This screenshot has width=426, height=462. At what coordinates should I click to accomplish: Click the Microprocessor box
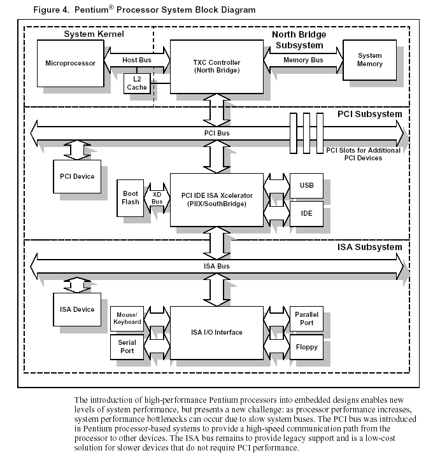pos(71,64)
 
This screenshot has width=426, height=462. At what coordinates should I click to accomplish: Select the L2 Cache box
pos(137,83)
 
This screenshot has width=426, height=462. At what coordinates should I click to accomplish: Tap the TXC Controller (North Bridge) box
pos(217,67)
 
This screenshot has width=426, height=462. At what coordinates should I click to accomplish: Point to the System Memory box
pos(370,60)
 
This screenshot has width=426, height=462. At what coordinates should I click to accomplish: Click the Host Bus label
pos(137,60)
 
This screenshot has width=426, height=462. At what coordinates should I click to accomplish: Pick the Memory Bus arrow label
pos(303,60)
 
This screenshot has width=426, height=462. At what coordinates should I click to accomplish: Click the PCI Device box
pos(77,176)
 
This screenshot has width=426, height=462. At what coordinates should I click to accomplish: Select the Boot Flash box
pos(131,198)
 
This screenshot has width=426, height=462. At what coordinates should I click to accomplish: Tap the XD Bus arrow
pos(157,198)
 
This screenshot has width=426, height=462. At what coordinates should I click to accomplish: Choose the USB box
pos(306,186)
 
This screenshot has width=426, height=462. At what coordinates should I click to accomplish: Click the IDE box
pos(306,214)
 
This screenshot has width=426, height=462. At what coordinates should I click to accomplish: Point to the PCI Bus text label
pos(217,133)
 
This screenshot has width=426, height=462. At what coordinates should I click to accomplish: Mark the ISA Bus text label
pos(217,266)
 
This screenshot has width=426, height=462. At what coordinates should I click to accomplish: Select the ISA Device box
pos(77,309)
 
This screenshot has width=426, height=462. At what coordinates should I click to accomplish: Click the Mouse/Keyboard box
pos(127,319)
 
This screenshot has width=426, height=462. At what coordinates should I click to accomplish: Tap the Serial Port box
pos(127,347)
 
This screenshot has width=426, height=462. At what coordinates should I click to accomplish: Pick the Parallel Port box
pos(306,319)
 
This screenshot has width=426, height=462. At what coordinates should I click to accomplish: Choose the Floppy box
pos(306,347)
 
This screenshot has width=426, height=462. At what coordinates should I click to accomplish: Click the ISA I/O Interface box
pos(217,333)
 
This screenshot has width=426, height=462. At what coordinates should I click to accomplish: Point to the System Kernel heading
pos(94,34)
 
